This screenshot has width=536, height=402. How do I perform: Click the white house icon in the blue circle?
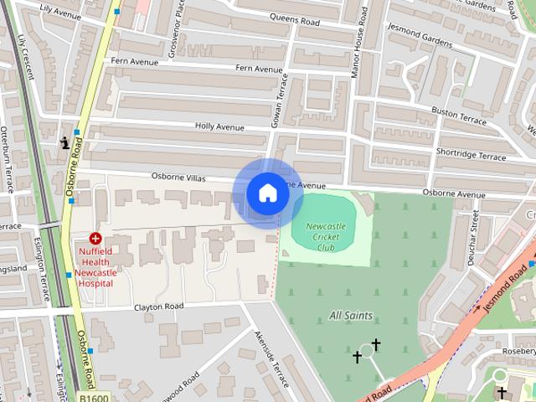pos(267,193)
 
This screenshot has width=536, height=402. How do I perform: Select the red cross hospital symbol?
pos(95,239)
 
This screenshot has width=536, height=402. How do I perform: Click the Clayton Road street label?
pos(159,307)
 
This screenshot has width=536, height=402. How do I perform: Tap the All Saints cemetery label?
pos(351,316)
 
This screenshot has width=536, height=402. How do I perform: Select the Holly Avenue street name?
pos(219,127)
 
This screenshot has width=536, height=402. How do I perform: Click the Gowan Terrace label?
pos(277,104)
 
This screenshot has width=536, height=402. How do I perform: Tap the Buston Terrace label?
pos(458,116)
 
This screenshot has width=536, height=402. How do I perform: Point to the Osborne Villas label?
pos(178,177)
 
